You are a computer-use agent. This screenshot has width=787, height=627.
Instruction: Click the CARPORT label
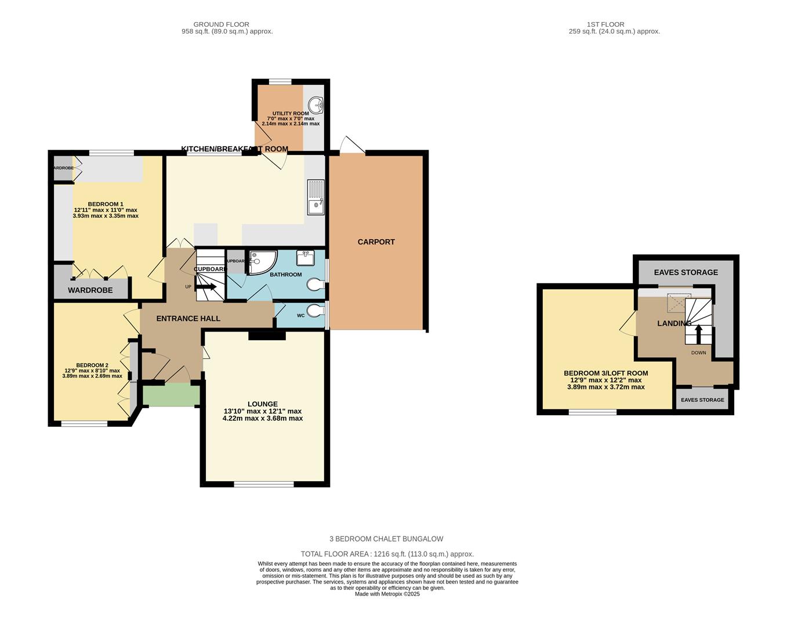pos(376,242)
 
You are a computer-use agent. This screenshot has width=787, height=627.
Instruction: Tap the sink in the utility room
pos(316,106)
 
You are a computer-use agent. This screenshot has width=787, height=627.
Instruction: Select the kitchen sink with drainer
pos(315,197)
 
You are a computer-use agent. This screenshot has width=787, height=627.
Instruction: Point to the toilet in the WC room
pos(314,312)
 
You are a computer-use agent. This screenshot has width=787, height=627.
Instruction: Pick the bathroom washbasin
pos(305,257)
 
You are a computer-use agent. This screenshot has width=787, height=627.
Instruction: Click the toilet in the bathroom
pos(315,284)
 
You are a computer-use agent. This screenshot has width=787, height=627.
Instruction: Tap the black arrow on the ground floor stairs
pos(206,286)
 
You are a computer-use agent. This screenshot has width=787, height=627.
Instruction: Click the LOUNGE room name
pos(263,404)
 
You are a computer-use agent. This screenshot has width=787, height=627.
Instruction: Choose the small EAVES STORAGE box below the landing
pos(702,400)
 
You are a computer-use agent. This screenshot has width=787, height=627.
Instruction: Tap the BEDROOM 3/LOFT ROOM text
pos(605,373)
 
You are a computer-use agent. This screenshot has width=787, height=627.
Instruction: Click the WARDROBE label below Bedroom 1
pos(90,290)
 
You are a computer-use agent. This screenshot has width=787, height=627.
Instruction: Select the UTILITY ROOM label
pos(291,114)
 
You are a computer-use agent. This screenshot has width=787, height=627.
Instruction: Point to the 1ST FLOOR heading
pos(605,24)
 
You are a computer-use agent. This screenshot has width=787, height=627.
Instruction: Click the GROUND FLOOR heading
pos(221,24)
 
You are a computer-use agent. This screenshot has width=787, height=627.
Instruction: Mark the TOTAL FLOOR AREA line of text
pos(387,554)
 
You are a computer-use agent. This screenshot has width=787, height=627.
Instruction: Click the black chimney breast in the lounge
pos(267,335)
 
